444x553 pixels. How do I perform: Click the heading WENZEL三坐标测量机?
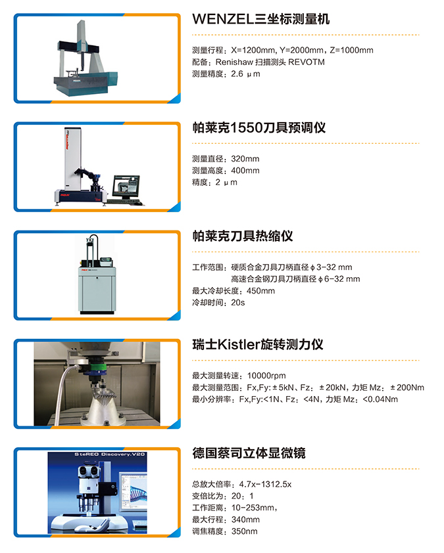click(x=260, y=19)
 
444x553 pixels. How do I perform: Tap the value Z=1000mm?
click(x=351, y=50)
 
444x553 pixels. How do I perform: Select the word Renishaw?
click(x=234, y=62)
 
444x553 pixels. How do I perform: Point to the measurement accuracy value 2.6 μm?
click(x=245, y=74)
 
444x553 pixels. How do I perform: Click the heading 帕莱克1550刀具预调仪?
click(x=259, y=127)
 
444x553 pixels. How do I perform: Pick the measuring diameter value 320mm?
click(x=245, y=159)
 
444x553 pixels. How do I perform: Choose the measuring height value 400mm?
click(x=245, y=170)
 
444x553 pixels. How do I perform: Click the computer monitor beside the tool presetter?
click(x=126, y=187)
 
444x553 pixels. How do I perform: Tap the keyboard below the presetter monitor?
click(x=126, y=202)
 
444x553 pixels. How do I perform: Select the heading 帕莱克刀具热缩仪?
click(x=243, y=236)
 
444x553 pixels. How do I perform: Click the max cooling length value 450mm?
click(x=253, y=291)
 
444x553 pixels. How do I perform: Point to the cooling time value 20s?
click(x=237, y=303)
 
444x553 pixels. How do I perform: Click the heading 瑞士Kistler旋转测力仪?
click(x=258, y=345)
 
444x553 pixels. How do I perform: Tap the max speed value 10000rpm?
click(x=266, y=376)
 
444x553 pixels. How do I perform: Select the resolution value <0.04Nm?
click(x=380, y=399)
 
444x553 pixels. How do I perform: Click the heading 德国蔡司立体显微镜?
click(x=249, y=453)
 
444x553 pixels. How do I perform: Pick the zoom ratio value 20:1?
click(x=243, y=496)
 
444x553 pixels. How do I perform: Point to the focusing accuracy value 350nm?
click(x=245, y=531)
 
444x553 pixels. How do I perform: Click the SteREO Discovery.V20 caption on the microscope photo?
click(x=110, y=454)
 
